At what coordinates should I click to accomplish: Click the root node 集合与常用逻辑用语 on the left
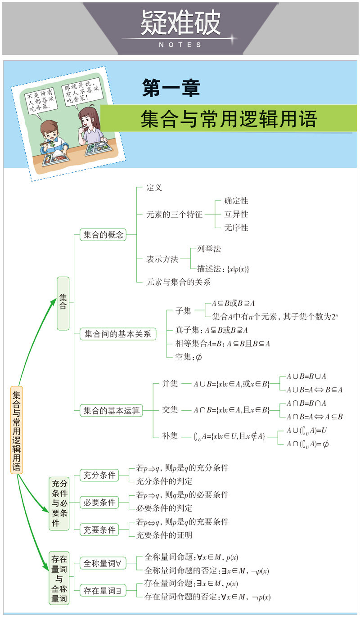click(x=17, y=430)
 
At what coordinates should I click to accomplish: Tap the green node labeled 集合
click(x=63, y=303)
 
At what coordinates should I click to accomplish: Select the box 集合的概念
click(x=103, y=234)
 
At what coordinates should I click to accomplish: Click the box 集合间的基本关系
click(x=118, y=334)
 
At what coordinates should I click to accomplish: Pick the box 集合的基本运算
click(x=112, y=410)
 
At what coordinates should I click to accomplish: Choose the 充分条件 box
click(x=99, y=475)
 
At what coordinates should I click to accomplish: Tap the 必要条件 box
click(x=99, y=502)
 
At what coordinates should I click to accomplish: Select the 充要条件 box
click(x=99, y=529)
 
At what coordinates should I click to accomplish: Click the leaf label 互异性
click(x=236, y=214)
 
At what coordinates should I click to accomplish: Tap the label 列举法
click(x=209, y=249)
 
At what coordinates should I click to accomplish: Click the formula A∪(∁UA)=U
click(x=307, y=431)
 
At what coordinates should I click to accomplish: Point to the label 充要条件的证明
click(x=164, y=535)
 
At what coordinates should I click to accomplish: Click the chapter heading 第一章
click(x=171, y=88)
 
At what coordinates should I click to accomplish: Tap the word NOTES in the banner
click(x=180, y=45)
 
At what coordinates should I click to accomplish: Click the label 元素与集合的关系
click(x=179, y=282)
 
